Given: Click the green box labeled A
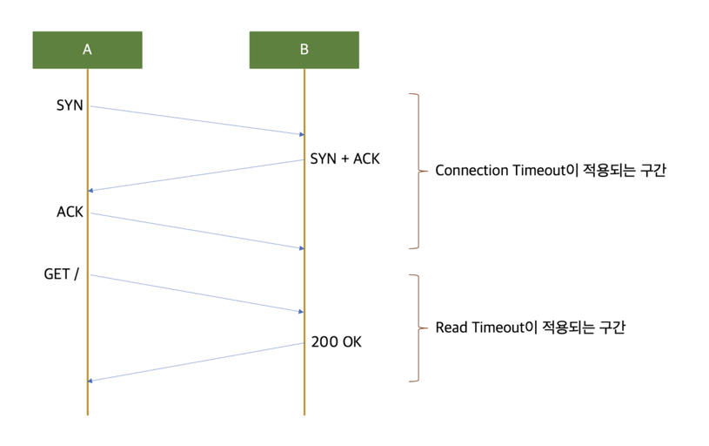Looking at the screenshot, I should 87,50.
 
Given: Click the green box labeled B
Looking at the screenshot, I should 304,50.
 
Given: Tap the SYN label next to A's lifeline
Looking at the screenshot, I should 70,105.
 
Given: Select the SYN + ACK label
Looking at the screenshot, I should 344,159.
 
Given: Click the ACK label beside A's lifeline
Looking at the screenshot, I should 70,212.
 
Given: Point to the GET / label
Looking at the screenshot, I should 62,274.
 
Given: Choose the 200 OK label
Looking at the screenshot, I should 336,342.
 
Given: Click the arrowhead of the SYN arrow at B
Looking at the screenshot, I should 301,134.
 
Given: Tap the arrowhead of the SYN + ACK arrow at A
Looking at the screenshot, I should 90,190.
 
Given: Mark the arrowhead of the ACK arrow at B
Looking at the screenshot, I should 301,248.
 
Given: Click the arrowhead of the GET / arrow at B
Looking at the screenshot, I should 301,311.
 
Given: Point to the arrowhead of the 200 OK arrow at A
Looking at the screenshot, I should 90,380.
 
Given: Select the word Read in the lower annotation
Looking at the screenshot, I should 451,328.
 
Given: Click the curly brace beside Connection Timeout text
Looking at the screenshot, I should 416,171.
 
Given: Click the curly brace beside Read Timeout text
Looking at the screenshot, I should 416,328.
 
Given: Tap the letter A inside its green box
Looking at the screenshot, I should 87,50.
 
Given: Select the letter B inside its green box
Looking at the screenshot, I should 304,50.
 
